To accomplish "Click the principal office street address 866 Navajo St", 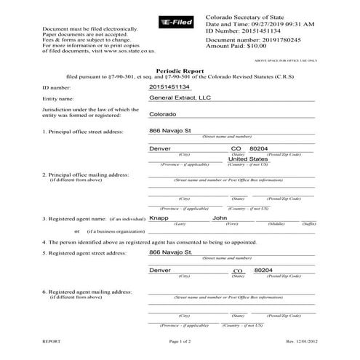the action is [169, 131].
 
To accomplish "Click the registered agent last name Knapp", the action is [159, 217].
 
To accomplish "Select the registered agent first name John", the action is [220, 217].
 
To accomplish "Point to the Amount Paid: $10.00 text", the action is [236, 45].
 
